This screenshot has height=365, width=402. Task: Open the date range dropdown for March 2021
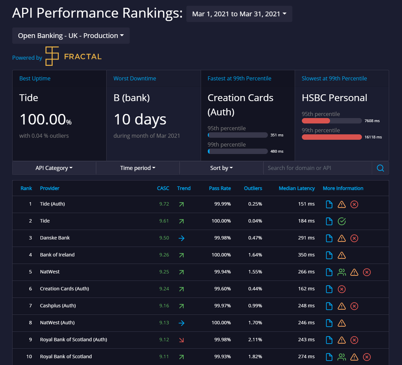point(239,14)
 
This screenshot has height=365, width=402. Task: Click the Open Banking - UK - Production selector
point(71,36)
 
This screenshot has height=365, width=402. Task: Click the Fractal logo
point(74,56)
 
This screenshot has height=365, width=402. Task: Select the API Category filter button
point(54,168)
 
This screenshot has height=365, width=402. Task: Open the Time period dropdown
point(138,168)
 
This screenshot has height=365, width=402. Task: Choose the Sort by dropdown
point(221,168)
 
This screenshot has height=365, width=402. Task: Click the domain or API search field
point(317,168)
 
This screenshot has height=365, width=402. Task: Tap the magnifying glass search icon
point(380,168)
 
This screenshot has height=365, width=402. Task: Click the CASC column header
point(163,188)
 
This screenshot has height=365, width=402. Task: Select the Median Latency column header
point(296,188)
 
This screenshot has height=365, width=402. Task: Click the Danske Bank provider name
point(55,238)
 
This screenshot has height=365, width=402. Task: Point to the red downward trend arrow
point(181,340)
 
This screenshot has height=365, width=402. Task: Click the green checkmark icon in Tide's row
point(342,221)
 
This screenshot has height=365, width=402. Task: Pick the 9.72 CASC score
point(164,204)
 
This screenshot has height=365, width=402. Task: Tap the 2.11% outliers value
point(255,340)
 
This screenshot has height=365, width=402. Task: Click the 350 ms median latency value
point(306,255)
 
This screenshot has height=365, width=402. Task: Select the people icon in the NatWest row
point(342,272)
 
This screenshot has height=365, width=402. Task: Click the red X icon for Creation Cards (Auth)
point(342,289)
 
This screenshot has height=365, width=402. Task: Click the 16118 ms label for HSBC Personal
point(373,137)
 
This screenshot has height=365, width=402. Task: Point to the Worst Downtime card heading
point(135,78)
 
